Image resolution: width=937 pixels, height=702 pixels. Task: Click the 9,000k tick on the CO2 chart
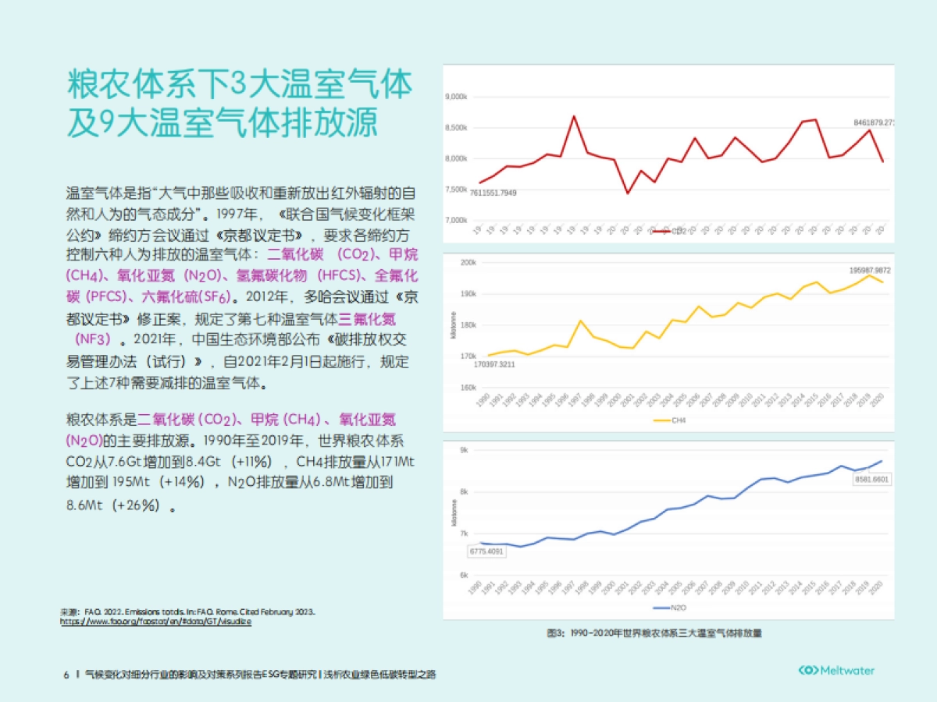pyautogui.click(x=456, y=97)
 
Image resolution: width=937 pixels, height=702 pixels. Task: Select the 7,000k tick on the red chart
pyautogui.click(x=456, y=221)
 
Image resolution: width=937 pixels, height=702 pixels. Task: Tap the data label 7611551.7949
pyautogui.click(x=493, y=193)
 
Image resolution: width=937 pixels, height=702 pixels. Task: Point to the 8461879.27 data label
pyautogui.click(x=873, y=123)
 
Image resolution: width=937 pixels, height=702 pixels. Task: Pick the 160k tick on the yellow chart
pyautogui.click(x=468, y=388)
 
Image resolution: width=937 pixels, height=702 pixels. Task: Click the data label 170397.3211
pyautogui.click(x=494, y=364)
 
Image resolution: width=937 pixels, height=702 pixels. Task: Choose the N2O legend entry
pyautogui.click(x=669, y=607)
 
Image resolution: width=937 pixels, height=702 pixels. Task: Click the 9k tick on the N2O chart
pyautogui.click(x=464, y=450)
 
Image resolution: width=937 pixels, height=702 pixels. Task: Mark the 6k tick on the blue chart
pyautogui.click(x=464, y=576)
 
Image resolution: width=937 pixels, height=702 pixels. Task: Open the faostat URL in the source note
pyautogui.click(x=156, y=622)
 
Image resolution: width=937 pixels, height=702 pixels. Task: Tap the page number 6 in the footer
pyautogui.click(x=66, y=673)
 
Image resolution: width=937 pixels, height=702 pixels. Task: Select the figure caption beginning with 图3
pyautogui.click(x=654, y=633)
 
